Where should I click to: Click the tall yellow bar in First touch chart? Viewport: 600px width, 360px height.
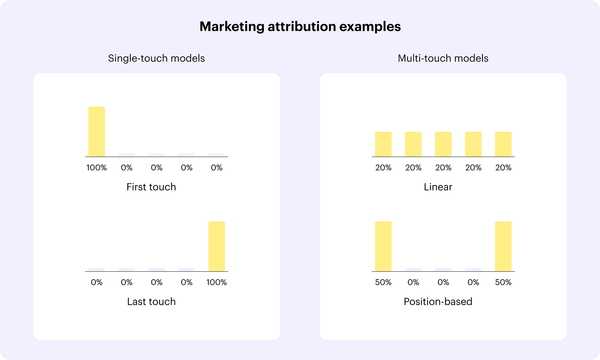(97, 132)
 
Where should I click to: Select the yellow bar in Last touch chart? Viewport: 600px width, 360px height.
(217, 246)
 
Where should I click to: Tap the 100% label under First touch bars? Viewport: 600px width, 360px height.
(96, 167)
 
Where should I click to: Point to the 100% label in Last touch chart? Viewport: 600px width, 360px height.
(216, 282)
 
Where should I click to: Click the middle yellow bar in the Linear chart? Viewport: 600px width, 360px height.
(443, 144)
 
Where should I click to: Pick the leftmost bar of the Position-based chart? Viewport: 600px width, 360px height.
(383, 246)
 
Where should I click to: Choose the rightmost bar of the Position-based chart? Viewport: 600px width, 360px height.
(503, 246)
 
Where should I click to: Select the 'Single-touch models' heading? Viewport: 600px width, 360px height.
(156, 58)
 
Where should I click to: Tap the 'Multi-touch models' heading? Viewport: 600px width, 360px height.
(443, 58)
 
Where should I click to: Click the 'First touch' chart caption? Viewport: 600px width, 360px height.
(151, 187)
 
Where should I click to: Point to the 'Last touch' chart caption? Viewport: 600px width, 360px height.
(151, 302)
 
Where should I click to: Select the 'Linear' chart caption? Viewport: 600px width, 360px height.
(438, 187)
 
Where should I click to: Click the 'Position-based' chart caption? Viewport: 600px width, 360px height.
(438, 302)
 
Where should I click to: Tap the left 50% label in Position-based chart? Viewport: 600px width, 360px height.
(383, 282)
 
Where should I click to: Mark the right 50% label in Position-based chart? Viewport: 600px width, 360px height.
(503, 282)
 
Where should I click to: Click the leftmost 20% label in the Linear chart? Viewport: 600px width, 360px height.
(383, 167)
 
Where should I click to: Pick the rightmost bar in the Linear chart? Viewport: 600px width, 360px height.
(503, 144)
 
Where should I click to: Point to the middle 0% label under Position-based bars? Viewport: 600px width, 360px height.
(443, 282)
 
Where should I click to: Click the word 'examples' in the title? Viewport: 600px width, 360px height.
(370, 27)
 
